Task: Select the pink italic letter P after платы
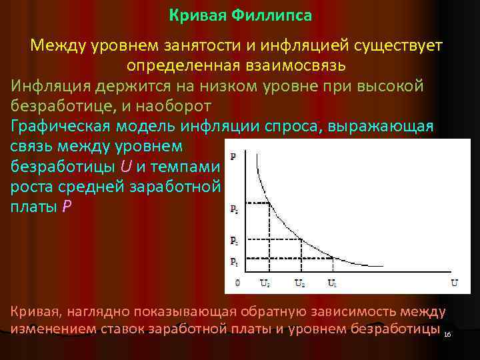(65, 206)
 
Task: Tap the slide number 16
(447, 334)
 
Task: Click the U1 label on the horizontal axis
(332, 283)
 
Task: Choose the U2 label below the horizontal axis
(300, 283)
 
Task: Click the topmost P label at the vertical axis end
(233, 157)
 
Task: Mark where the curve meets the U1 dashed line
(333, 257)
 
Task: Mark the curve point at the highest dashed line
(269, 204)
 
